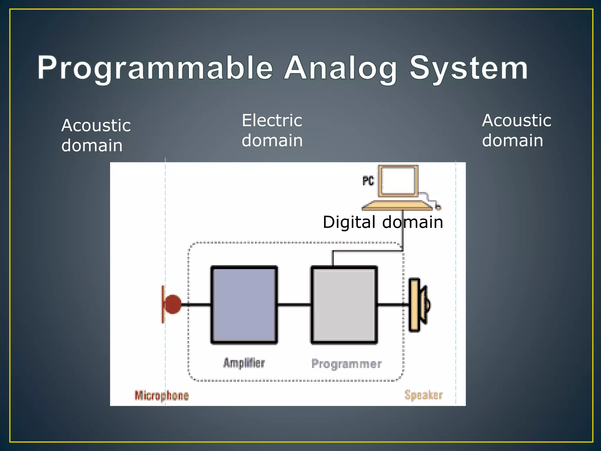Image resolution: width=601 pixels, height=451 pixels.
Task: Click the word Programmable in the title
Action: click(155, 68)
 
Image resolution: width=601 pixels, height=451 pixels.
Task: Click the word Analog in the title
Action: click(340, 68)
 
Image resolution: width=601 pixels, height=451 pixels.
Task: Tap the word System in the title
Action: click(468, 68)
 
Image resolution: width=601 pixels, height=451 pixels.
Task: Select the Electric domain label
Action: click(272, 130)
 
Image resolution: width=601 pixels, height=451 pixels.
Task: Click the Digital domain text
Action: click(383, 222)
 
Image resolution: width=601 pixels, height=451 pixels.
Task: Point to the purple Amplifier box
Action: click(244, 305)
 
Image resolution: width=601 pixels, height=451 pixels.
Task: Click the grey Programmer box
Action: click(344, 305)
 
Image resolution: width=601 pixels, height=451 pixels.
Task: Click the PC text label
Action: click(368, 181)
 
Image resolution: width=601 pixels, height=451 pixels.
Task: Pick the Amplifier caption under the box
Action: click(244, 363)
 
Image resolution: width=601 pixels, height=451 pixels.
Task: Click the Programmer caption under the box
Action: click(346, 364)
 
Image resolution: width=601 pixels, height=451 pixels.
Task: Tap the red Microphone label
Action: click(161, 396)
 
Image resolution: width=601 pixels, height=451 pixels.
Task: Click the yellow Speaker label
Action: click(423, 395)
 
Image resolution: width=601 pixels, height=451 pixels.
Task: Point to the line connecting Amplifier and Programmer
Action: click(294, 305)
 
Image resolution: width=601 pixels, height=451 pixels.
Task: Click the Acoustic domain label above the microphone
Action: click(96, 135)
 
